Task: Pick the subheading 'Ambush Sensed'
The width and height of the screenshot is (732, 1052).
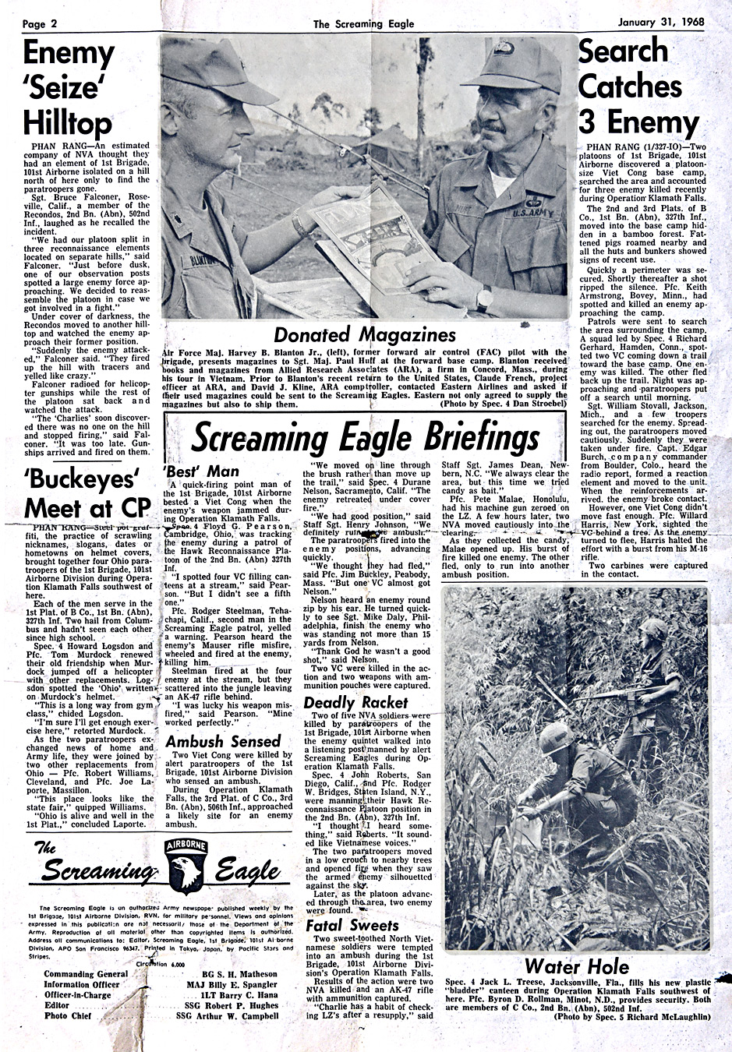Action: coord(223,741)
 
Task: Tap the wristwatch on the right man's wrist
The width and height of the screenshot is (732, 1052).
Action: coord(485,297)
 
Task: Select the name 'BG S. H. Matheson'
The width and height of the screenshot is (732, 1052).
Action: coord(239,974)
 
